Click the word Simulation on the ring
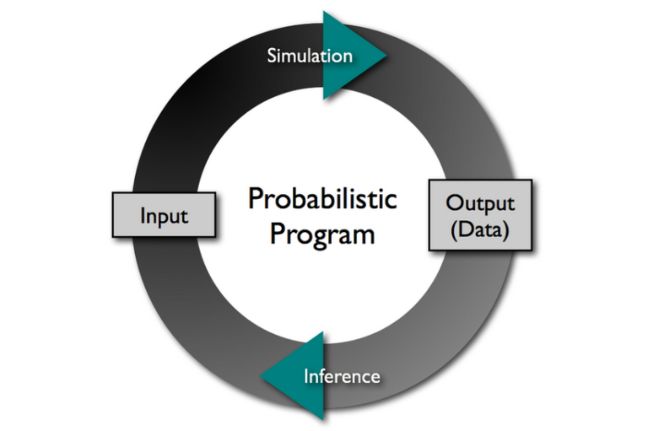(x=310, y=57)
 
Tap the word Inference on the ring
(x=341, y=375)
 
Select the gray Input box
(x=164, y=215)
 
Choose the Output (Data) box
(x=479, y=215)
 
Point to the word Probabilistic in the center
(x=323, y=200)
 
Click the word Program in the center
(x=322, y=234)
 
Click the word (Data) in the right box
(x=479, y=229)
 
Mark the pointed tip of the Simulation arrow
(x=386, y=56)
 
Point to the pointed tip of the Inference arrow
(x=260, y=376)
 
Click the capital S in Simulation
(x=273, y=57)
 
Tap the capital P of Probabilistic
(x=256, y=200)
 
